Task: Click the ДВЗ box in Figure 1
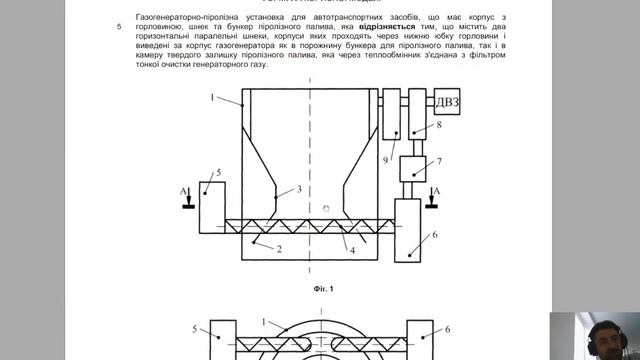coord(449,100)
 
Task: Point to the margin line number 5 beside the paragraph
coord(119,28)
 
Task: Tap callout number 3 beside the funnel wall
coord(298,188)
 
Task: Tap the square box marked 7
coord(413,167)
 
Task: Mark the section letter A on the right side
coord(434,189)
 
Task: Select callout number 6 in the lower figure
coord(448,328)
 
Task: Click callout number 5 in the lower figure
coord(196,328)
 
